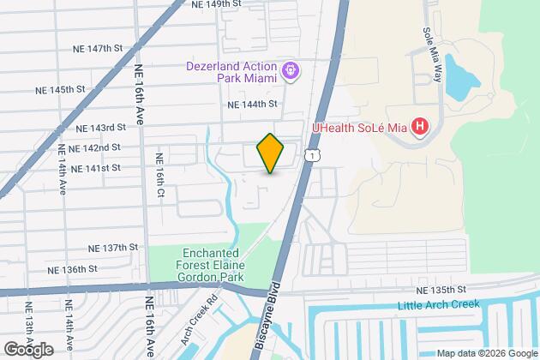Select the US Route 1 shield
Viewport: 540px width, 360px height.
point(315,153)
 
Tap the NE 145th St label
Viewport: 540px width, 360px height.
point(60,88)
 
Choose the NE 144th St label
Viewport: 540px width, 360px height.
point(253,104)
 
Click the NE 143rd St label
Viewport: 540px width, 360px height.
point(100,127)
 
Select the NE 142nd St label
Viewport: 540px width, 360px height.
point(94,147)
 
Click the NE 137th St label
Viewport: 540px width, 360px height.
point(113,247)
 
